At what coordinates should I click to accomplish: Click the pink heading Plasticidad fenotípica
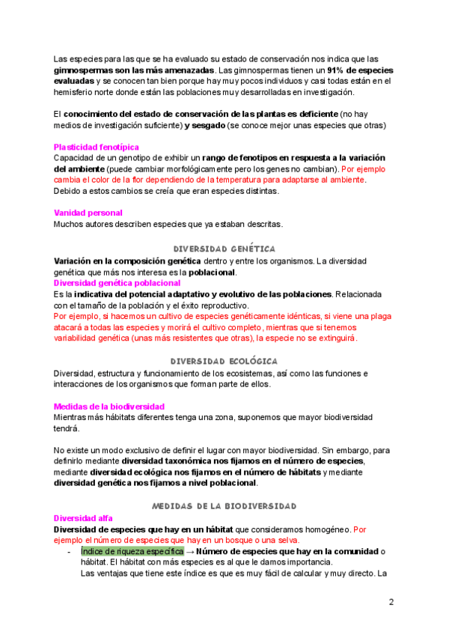click(x=96, y=148)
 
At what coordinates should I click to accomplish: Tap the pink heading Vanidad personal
click(x=88, y=213)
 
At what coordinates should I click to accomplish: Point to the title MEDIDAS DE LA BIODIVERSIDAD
click(x=224, y=506)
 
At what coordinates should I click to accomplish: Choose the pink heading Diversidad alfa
click(x=82, y=517)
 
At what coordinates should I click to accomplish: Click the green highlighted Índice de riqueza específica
click(x=132, y=551)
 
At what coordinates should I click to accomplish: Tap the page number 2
click(x=391, y=602)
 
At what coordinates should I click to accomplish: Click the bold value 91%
click(x=335, y=70)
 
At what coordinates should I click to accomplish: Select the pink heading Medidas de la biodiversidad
click(x=109, y=407)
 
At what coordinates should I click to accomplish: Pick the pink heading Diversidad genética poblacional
click(x=117, y=283)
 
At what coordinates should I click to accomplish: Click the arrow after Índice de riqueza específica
click(x=190, y=551)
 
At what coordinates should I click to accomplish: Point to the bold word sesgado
click(x=204, y=126)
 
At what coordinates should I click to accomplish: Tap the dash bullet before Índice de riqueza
click(x=69, y=551)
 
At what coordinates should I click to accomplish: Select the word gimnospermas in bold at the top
click(x=82, y=70)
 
